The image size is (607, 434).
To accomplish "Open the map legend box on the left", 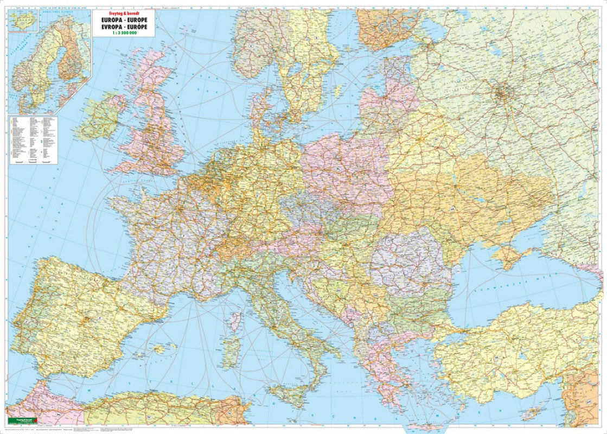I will click(x=34, y=139).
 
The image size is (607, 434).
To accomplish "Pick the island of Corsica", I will click(x=235, y=321).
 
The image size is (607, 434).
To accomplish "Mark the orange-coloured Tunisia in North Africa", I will click(x=235, y=410).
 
